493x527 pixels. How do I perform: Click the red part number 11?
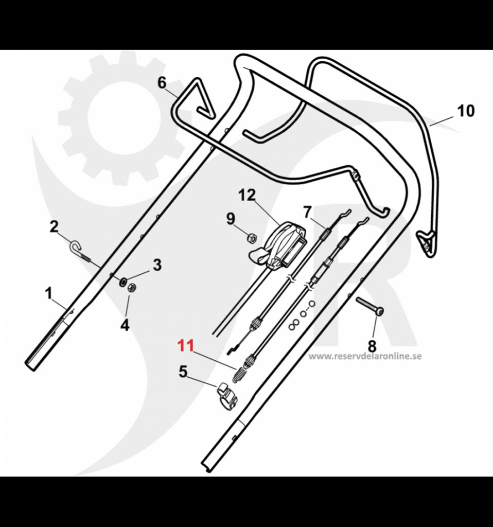pyautogui.click(x=185, y=345)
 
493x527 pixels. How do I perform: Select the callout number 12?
pyautogui.click(x=247, y=196)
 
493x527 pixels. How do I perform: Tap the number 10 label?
pyautogui.click(x=466, y=111)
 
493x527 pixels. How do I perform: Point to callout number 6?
pyautogui.click(x=162, y=82)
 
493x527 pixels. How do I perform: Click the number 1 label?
pyautogui.click(x=49, y=294)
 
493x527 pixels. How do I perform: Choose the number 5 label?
pyautogui.click(x=183, y=372)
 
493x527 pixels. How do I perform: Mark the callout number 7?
pyautogui.click(x=307, y=212)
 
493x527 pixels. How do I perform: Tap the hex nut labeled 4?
pyautogui.click(x=131, y=288)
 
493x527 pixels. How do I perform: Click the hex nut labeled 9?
pyautogui.click(x=252, y=237)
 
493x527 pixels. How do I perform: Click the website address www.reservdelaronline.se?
pyautogui.click(x=365, y=356)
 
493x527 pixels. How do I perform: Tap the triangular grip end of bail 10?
pyautogui.click(x=426, y=241)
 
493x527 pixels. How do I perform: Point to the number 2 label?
pyautogui.click(x=54, y=226)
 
